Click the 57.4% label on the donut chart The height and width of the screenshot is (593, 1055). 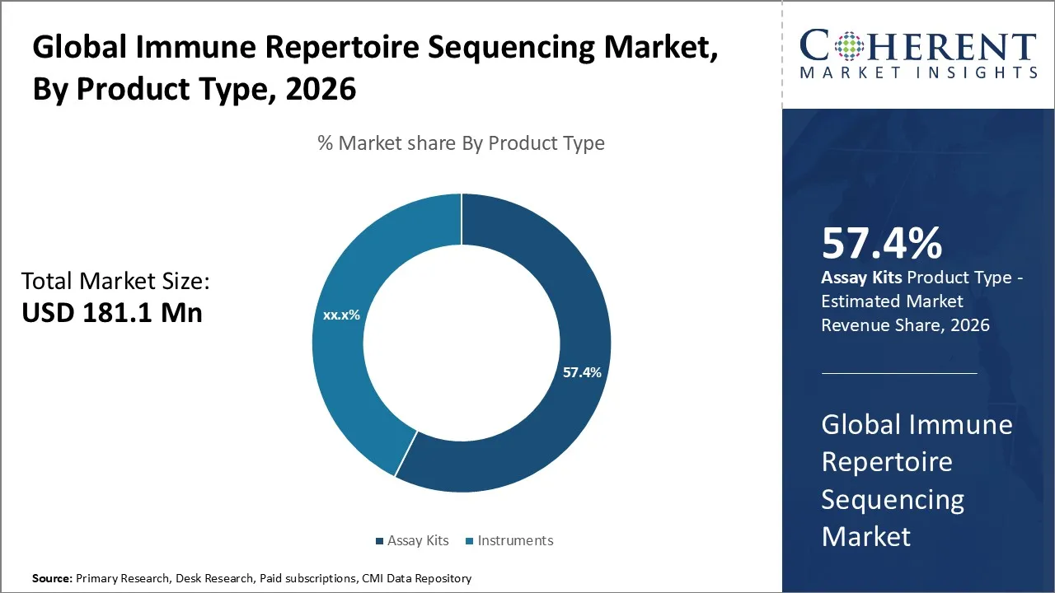click(582, 372)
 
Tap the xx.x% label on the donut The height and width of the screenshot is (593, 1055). click(340, 315)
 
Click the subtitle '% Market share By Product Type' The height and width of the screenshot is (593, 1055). click(461, 143)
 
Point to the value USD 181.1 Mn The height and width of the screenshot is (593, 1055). click(111, 313)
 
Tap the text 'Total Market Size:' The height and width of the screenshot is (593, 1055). click(115, 281)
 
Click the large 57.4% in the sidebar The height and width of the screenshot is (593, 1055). click(881, 244)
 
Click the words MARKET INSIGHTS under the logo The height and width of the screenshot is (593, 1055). click(917, 72)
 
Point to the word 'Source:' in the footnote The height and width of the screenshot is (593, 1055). click(52, 578)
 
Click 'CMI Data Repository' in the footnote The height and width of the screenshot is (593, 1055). click(416, 578)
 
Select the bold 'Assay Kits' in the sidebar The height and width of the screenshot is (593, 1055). click(860, 278)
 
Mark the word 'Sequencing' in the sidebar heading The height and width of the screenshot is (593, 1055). click(893, 499)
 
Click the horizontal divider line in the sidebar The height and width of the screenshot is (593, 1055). click(898, 373)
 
